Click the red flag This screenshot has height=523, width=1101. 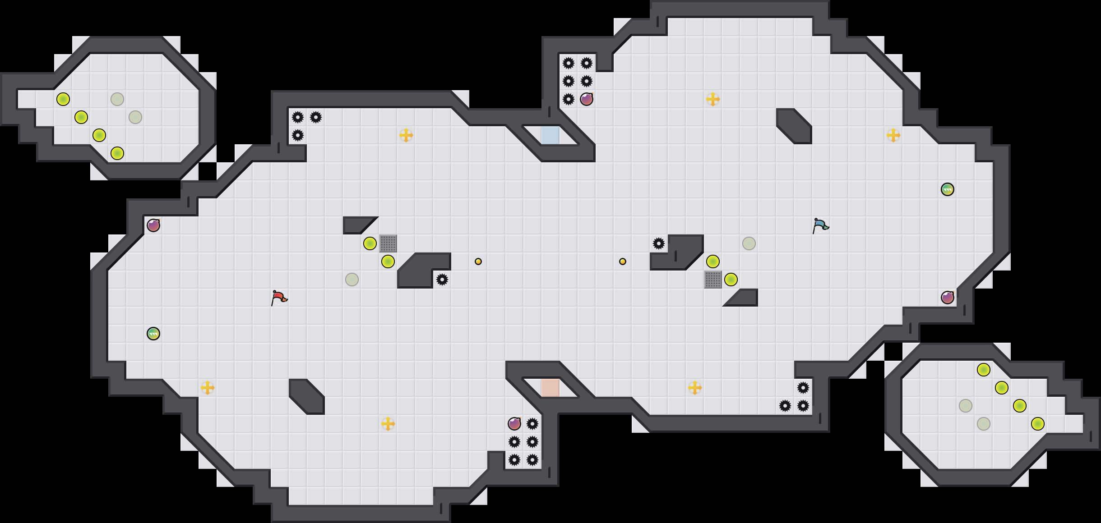tap(279, 298)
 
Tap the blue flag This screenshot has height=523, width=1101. tap(820, 225)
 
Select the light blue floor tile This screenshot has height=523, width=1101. tap(550, 135)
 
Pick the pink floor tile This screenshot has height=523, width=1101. tap(550, 388)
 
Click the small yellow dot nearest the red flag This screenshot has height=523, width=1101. tap(478, 261)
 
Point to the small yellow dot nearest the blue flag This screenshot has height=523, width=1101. tap(623, 261)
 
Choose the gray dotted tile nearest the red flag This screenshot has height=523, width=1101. tap(388, 243)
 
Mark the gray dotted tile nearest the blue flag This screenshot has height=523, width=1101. tap(713, 280)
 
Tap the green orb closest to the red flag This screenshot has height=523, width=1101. tap(153, 334)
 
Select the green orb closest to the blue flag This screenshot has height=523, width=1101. tap(948, 189)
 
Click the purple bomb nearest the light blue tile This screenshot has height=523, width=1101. tap(587, 99)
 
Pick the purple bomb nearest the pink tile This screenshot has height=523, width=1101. tap(514, 424)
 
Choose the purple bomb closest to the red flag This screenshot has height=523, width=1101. tap(153, 225)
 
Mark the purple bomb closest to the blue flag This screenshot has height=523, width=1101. tap(948, 298)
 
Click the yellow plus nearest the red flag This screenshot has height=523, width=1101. tap(208, 388)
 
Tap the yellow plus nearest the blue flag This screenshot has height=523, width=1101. tap(893, 135)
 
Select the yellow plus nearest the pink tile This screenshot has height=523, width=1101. tap(695, 388)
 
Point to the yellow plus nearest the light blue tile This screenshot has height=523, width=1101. tap(406, 135)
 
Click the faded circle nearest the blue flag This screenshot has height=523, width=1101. tap(749, 243)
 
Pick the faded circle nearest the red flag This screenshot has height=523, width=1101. tap(352, 280)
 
